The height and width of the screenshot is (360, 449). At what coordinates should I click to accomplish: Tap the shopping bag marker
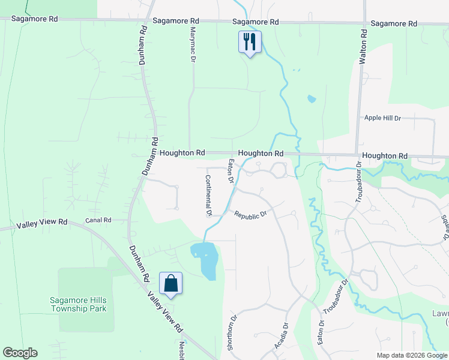[171, 283]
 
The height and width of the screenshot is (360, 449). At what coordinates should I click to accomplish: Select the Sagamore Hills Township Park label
[78, 304]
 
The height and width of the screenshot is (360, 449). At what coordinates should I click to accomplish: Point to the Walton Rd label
[363, 47]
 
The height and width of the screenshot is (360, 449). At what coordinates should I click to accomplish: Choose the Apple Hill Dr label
[382, 118]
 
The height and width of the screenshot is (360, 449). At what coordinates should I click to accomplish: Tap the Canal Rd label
[98, 220]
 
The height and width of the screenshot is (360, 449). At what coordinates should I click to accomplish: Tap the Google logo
[20, 353]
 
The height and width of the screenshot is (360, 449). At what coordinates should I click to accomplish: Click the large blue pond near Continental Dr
[206, 259]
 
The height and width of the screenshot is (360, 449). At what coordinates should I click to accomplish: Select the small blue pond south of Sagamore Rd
[310, 99]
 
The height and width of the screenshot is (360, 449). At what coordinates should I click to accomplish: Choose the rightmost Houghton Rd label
[385, 156]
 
